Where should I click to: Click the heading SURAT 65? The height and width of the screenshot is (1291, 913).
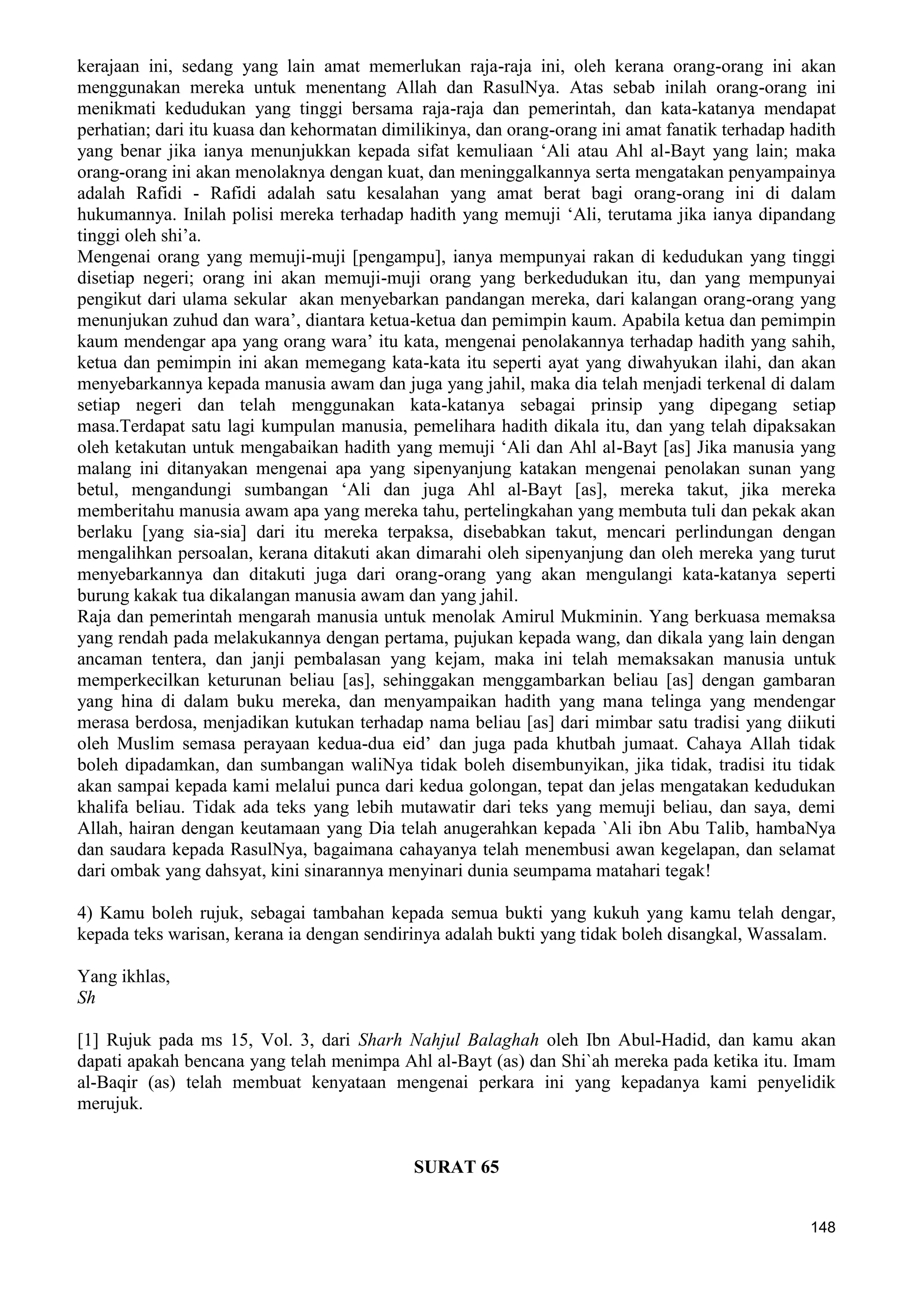pyautogui.click(x=456, y=1168)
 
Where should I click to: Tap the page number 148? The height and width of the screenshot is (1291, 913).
pyautogui.click(x=823, y=1243)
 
